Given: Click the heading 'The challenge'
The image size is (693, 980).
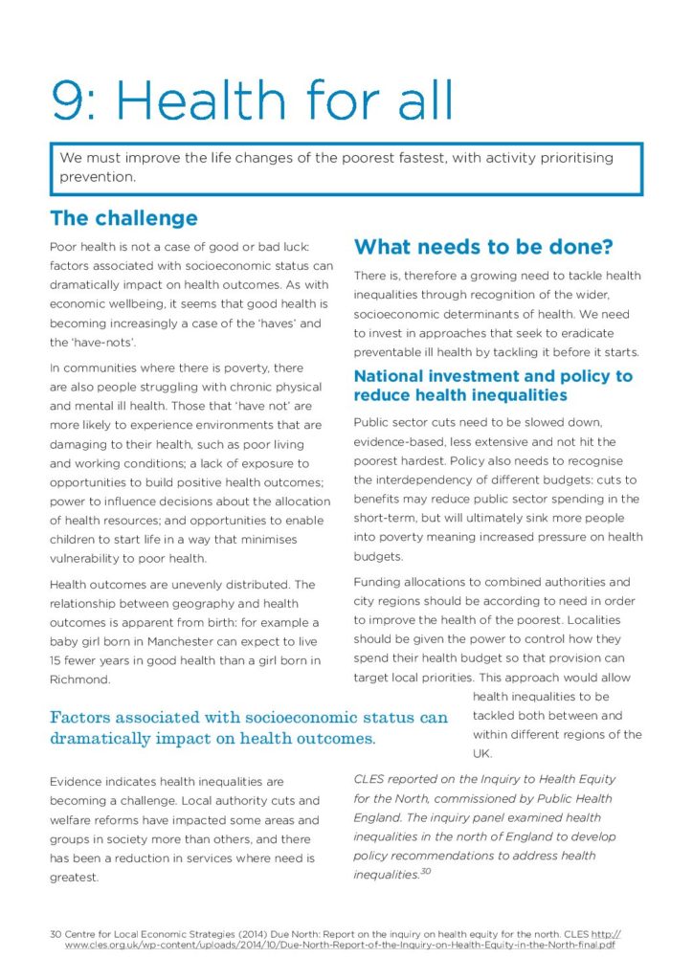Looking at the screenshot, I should pos(123,218).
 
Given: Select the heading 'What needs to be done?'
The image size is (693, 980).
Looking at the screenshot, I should pos(482,247).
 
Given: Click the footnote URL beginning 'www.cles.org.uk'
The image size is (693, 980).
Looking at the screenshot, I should pos(340,945).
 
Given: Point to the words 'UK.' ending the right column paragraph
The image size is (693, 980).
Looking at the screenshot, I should pos(481,753).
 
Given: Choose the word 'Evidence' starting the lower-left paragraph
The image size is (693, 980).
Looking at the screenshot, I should pos(79,782).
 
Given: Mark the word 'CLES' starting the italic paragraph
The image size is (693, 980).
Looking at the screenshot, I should pos(370,779).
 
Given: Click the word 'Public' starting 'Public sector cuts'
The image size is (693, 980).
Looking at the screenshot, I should pos(372,422).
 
